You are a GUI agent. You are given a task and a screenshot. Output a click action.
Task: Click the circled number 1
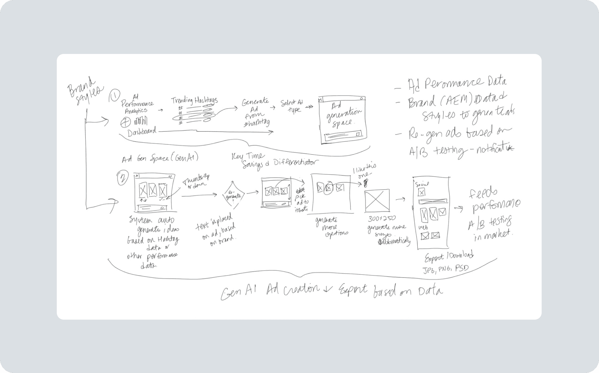coord(114,96)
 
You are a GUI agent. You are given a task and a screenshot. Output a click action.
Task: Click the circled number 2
coord(122,178)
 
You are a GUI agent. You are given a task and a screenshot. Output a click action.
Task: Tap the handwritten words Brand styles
coord(84,91)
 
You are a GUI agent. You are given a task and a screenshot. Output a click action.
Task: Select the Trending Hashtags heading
coord(194,100)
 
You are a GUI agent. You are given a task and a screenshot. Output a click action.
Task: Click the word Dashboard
coord(142,132)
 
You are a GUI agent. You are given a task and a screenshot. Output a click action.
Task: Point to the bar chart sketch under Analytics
coord(140,121)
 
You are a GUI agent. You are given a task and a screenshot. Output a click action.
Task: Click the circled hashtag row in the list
coord(194,117)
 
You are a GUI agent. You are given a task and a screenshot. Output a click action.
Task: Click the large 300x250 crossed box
coord(377,201)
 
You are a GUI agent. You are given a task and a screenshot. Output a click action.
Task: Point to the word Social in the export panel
coord(422,184)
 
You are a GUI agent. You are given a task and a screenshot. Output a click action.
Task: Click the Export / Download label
coord(449,256)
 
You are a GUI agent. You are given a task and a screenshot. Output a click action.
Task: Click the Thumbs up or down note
coord(196,181)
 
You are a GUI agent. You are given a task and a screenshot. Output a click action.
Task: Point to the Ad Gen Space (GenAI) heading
coord(160,158)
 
